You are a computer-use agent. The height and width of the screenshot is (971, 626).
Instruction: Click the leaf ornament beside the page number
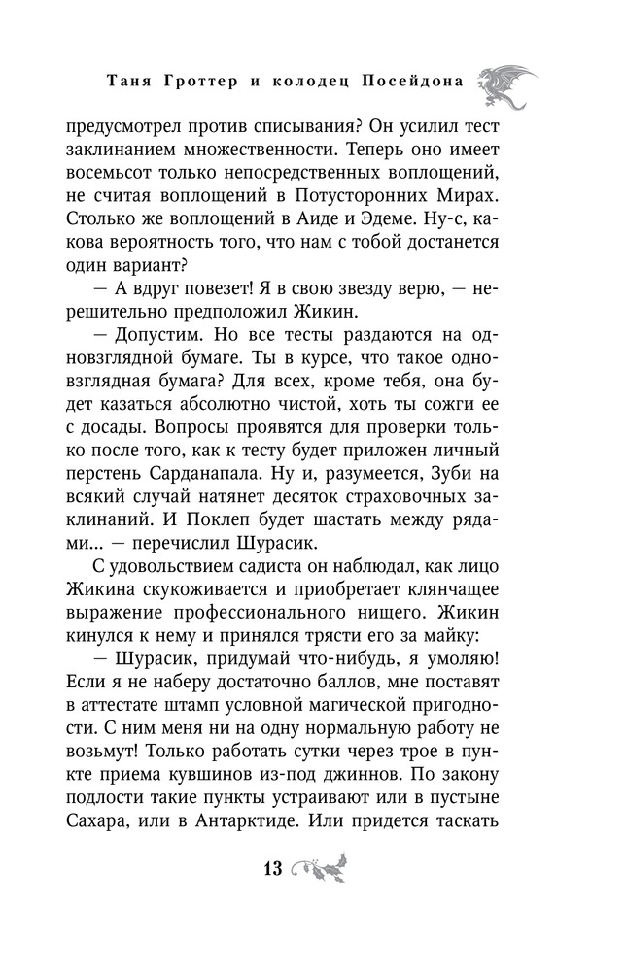(318, 866)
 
